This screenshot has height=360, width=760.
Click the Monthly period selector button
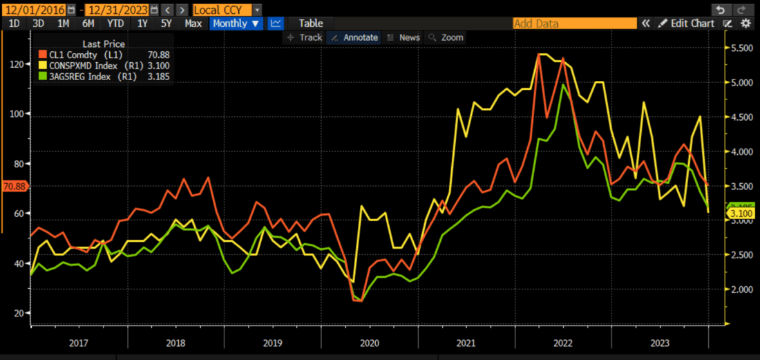tap(236, 23)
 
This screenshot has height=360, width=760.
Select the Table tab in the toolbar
tap(310, 23)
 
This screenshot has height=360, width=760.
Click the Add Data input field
tap(574, 23)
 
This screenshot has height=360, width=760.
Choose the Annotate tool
tap(354, 37)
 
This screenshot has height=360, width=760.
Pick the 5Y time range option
tap(167, 23)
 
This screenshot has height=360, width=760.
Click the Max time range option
tap(193, 23)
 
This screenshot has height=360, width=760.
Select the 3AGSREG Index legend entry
tap(91, 76)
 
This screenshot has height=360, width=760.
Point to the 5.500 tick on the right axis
tap(741, 48)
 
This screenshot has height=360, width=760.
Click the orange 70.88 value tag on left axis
tap(14, 186)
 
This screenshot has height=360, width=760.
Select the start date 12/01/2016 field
tap(33, 10)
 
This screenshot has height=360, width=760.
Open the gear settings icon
tap(745, 23)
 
